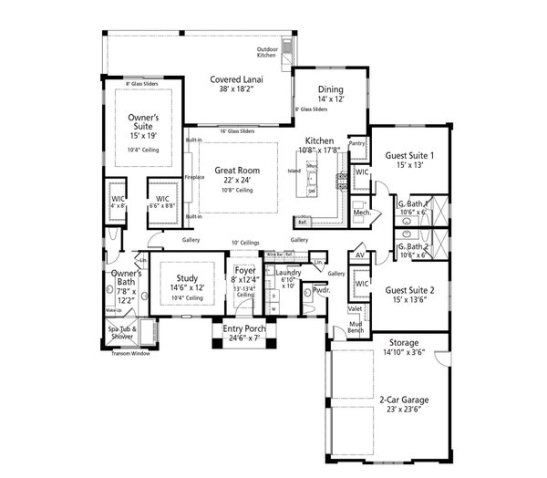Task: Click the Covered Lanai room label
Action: coord(236,79)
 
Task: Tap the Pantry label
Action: coord(356,143)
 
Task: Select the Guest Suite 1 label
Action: coord(408,156)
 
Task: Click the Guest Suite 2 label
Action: coord(408,289)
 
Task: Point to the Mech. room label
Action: coord(360,213)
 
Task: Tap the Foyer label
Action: coord(244,270)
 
